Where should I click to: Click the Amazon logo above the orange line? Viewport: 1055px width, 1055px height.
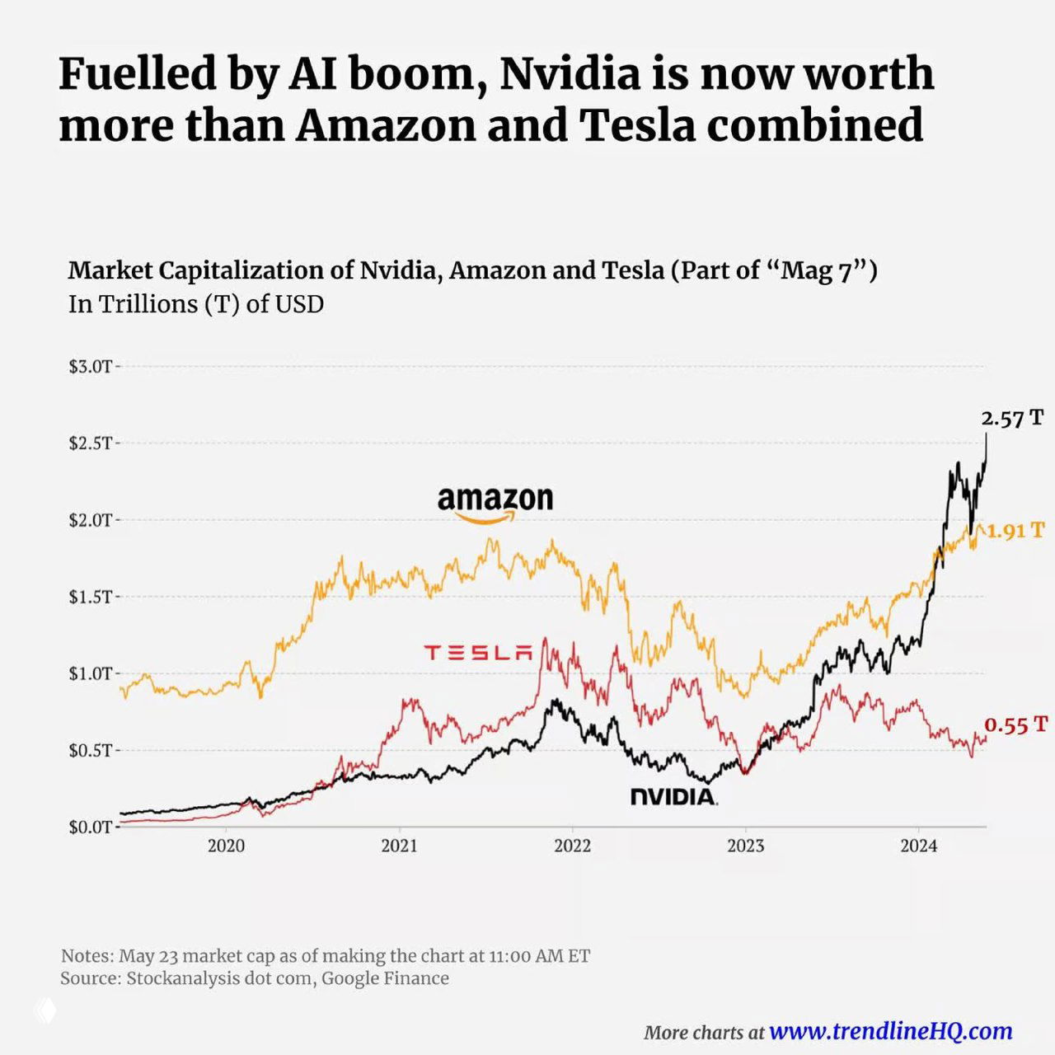pos(495,503)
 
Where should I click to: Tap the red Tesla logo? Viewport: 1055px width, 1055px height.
pos(478,653)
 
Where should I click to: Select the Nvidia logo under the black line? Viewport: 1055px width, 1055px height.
pos(673,796)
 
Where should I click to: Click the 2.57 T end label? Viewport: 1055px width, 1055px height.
pos(1012,419)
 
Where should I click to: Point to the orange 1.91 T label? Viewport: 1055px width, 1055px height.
pos(1015,531)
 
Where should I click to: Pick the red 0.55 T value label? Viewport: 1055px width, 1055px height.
pos(1016,725)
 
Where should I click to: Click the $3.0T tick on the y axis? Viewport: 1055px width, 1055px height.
pos(91,367)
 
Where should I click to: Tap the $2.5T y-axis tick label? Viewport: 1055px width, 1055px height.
pos(91,443)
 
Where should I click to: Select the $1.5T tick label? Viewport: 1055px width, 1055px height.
pos(91,597)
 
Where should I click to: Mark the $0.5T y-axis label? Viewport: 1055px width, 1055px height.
pos(91,750)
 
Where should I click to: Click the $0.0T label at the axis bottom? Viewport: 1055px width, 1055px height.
pos(91,827)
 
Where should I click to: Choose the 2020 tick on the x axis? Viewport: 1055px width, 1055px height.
pos(226,846)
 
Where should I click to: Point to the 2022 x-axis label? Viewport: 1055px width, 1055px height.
pos(572,846)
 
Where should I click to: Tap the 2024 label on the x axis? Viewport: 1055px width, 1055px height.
pos(918,846)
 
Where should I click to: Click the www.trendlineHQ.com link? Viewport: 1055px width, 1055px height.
pos(890,1031)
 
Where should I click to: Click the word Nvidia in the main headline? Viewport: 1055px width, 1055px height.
pos(570,74)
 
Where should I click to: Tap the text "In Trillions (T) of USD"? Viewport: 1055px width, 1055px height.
pos(196,304)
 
